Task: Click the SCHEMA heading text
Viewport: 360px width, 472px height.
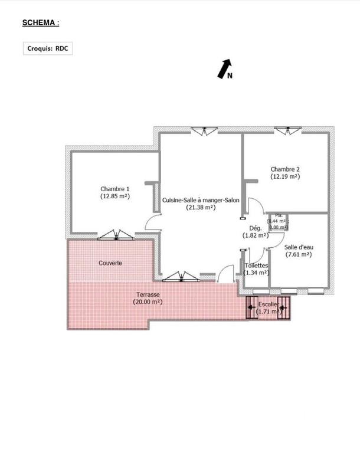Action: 40,23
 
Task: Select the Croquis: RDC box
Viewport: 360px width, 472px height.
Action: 49,48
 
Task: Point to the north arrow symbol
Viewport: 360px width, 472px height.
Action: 225,69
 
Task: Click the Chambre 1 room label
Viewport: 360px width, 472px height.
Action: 114,189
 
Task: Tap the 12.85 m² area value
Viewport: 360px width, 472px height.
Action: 114,196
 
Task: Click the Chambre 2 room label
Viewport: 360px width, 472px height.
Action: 285,169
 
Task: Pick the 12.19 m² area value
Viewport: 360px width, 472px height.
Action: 285,176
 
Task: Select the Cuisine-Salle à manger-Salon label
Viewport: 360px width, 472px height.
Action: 201,201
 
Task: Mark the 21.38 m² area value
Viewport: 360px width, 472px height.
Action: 201,208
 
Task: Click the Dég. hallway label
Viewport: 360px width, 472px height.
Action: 255,228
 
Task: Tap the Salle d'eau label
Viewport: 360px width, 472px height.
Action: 298,247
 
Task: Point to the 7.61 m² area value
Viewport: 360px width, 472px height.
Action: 298,255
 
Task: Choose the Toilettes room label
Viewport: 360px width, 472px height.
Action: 256,266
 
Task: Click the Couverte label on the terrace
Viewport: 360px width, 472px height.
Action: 110,263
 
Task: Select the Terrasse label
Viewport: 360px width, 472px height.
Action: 148,294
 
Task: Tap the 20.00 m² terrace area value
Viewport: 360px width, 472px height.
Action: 148,301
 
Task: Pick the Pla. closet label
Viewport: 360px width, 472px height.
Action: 279,215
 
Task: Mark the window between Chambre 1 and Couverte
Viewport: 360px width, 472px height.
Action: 116,235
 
